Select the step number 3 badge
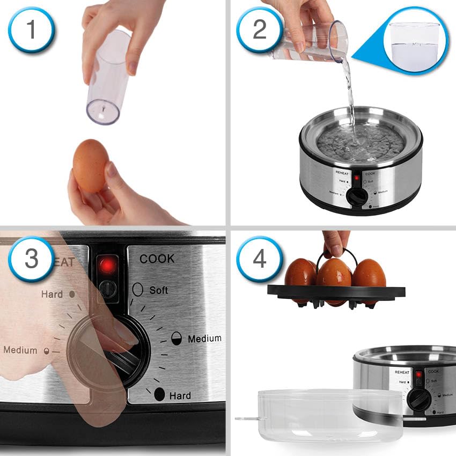31,258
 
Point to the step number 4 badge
260,258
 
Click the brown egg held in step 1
91,166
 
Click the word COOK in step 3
157,259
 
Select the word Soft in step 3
159,290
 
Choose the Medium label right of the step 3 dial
204,339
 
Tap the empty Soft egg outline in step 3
138,289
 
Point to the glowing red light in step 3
108,264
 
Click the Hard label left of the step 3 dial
52,295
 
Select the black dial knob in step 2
357,196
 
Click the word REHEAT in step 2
342,173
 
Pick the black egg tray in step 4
336,293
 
